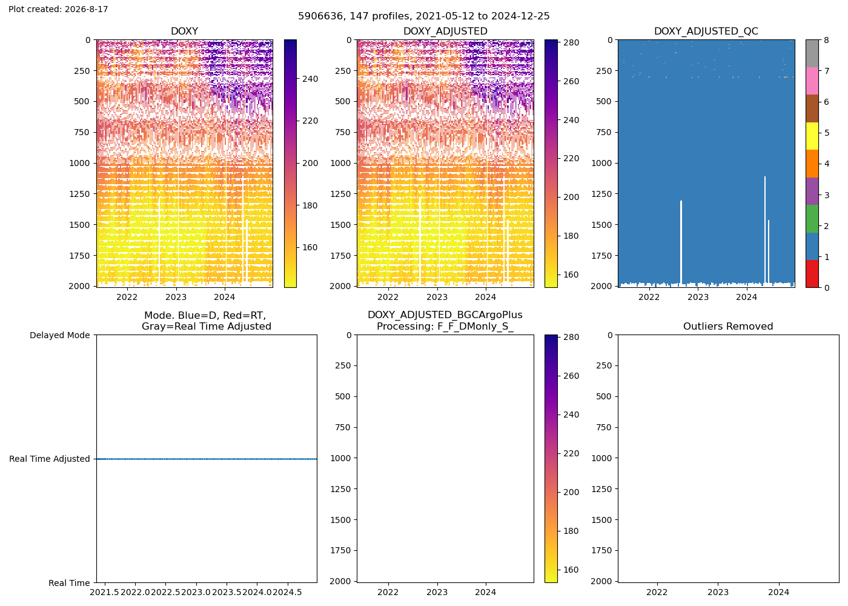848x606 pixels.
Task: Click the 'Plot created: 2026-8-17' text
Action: (x=58, y=9)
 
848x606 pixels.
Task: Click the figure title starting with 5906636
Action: (x=423, y=16)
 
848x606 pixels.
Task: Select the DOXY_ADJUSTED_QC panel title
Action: (x=706, y=32)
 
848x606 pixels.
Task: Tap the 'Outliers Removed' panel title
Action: (x=728, y=327)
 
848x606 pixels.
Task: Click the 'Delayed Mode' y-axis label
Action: (x=60, y=335)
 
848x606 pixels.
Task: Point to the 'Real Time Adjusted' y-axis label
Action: (x=50, y=459)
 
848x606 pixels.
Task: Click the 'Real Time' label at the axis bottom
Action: (x=69, y=583)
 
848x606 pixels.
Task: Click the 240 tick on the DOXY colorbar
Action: (x=310, y=79)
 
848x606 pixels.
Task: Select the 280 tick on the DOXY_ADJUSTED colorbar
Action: (x=571, y=43)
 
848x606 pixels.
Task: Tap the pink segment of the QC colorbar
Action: (x=812, y=81)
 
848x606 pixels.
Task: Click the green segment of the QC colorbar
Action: (x=812, y=219)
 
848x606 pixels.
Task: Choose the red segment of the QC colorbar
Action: (x=812, y=274)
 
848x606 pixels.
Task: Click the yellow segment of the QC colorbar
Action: (x=812, y=136)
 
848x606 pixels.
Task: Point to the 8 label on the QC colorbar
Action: (x=826, y=40)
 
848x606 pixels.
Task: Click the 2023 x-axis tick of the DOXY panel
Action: (x=176, y=298)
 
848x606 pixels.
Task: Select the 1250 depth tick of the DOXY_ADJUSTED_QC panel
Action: (x=602, y=195)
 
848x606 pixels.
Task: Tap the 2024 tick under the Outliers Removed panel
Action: (x=779, y=593)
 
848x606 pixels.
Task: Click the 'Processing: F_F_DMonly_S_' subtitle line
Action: (x=445, y=327)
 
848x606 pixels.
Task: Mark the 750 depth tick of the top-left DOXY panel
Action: (x=82, y=133)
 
